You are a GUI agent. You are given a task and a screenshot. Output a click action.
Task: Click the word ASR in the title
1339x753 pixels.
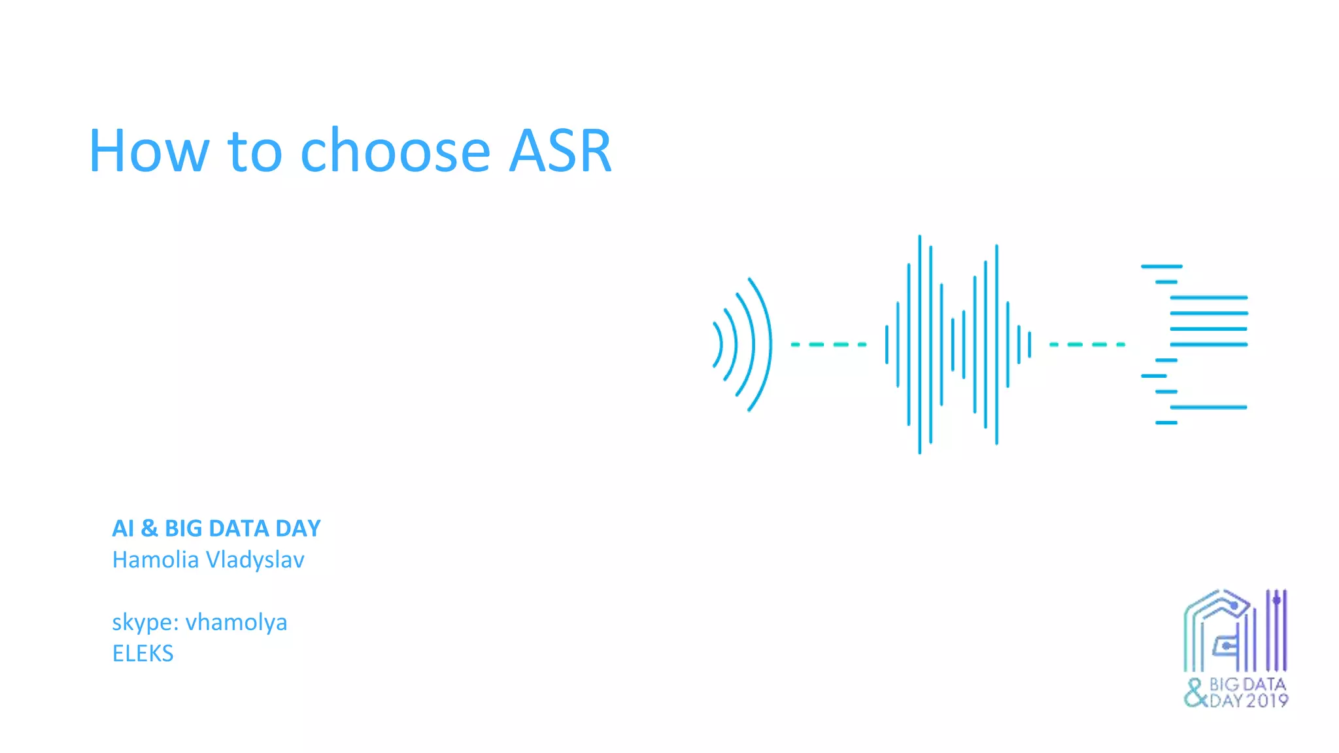[x=560, y=152]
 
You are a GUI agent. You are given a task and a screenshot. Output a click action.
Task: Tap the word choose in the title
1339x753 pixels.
[x=395, y=152]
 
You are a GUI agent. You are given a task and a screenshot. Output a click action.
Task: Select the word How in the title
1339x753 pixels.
[x=149, y=152]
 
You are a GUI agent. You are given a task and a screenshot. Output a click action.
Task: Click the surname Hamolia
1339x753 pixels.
[x=156, y=560]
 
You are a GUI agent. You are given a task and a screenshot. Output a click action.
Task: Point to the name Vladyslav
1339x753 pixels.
[x=255, y=560]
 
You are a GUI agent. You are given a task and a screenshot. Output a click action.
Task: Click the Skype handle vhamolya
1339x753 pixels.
[x=236, y=622]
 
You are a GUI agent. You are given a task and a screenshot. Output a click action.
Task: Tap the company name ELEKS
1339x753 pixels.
[x=143, y=654]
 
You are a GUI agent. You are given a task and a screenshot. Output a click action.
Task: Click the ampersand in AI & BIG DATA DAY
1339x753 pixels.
[x=149, y=528]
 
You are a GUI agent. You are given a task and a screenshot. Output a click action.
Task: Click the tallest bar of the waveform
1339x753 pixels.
[x=920, y=344]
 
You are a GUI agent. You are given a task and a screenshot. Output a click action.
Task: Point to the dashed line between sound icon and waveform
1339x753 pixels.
[x=828, y=344]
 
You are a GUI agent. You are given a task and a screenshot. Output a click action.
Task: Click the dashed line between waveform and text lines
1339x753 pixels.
[x=1087, y=344]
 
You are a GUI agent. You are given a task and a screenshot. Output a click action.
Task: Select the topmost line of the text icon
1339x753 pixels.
[x=1161, y=267]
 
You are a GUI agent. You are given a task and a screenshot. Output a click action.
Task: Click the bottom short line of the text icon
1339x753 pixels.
[x=1166, y=423]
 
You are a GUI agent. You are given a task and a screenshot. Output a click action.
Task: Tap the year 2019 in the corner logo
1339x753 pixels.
[x=1266, y=701]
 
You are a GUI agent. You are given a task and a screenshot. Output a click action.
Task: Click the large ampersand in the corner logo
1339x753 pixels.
[x=1195, y=693]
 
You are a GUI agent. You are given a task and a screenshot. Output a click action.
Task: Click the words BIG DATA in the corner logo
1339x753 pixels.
[x=1247, y=684]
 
